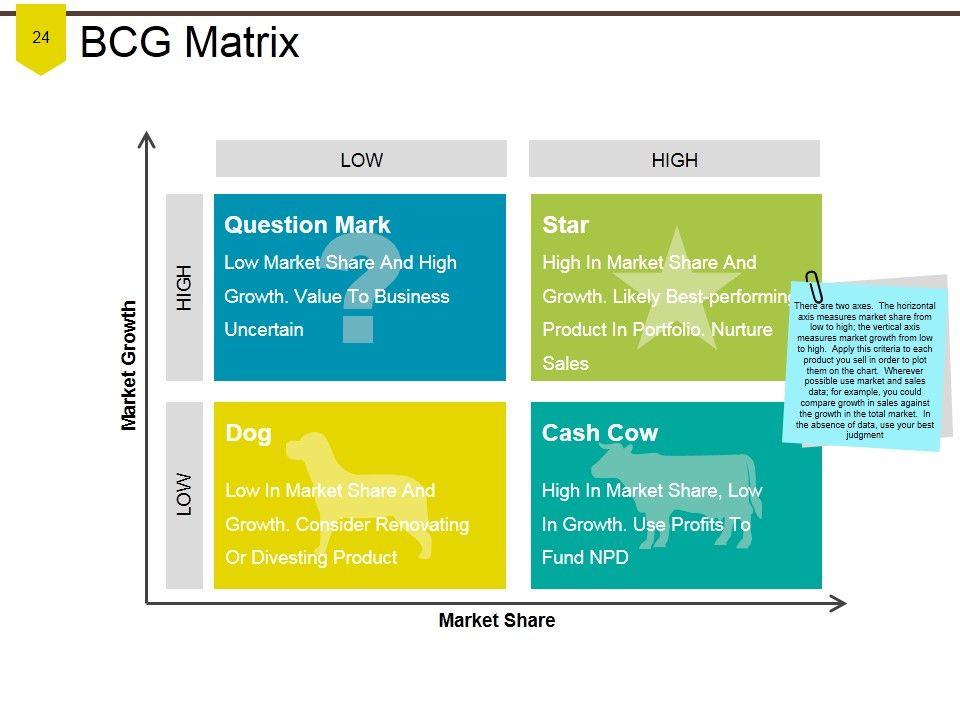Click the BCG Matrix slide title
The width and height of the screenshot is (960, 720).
190,42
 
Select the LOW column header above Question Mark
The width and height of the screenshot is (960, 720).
361,159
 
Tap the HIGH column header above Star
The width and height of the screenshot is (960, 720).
674,159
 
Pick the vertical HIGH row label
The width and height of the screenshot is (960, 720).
184,287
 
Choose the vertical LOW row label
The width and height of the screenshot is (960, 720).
184,495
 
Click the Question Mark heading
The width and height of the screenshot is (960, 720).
307,225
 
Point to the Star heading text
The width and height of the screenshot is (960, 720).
565,225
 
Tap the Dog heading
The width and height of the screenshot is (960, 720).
249,433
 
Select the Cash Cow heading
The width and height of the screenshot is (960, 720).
599,433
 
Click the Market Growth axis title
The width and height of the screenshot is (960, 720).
129,366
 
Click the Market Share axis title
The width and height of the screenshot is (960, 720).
497,620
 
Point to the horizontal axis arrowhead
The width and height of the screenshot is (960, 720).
839,604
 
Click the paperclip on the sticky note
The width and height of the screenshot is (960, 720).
813,287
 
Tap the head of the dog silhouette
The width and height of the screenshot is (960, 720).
307,448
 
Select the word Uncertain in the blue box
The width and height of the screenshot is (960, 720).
264,329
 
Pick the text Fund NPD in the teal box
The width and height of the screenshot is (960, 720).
585,557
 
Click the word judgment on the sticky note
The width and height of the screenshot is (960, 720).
864,435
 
